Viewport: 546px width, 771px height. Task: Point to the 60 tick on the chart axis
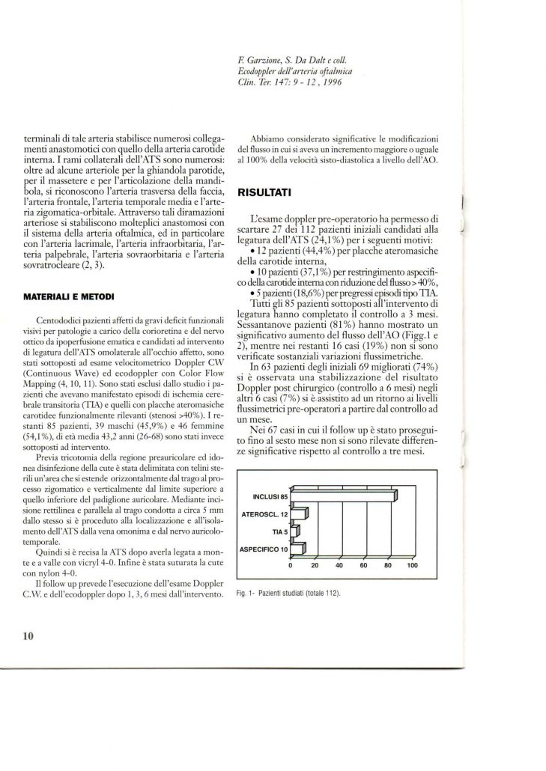[x=363, y=565]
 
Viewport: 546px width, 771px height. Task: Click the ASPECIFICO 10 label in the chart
[x=262, y=549]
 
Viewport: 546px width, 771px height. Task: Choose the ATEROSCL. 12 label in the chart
[x=265, y=514]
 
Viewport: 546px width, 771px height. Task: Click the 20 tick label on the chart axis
[x=315, y=565]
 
